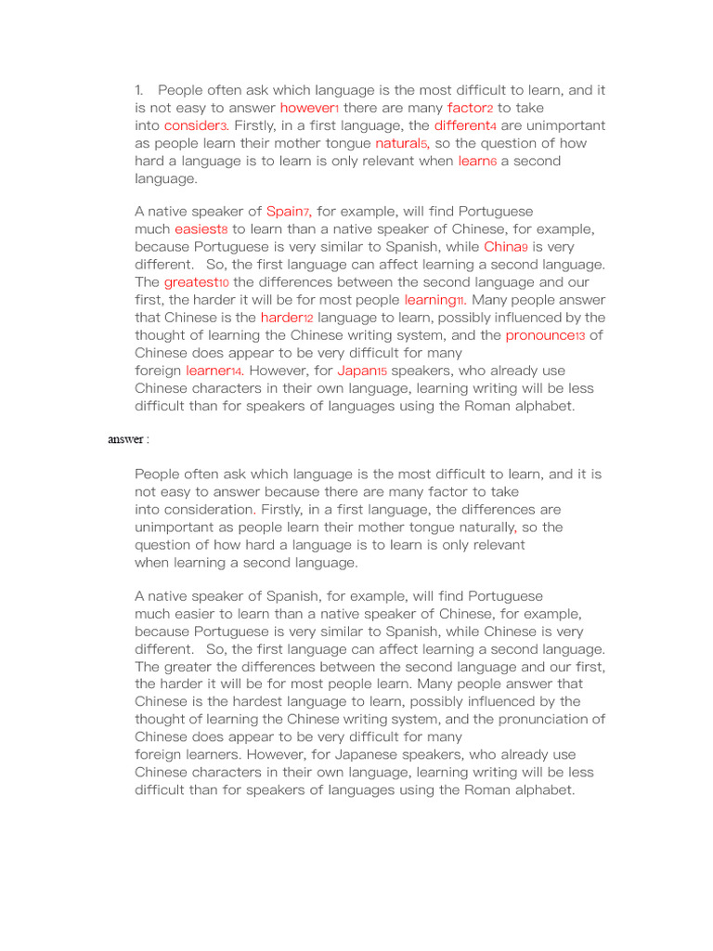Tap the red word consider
pos(191,125)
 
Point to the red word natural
pos(397,143)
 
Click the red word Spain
pos(284,212)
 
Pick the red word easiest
pos(197,229)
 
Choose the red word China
pos(501,247)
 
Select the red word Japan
pos(356,371)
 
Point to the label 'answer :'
pos(128,439)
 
